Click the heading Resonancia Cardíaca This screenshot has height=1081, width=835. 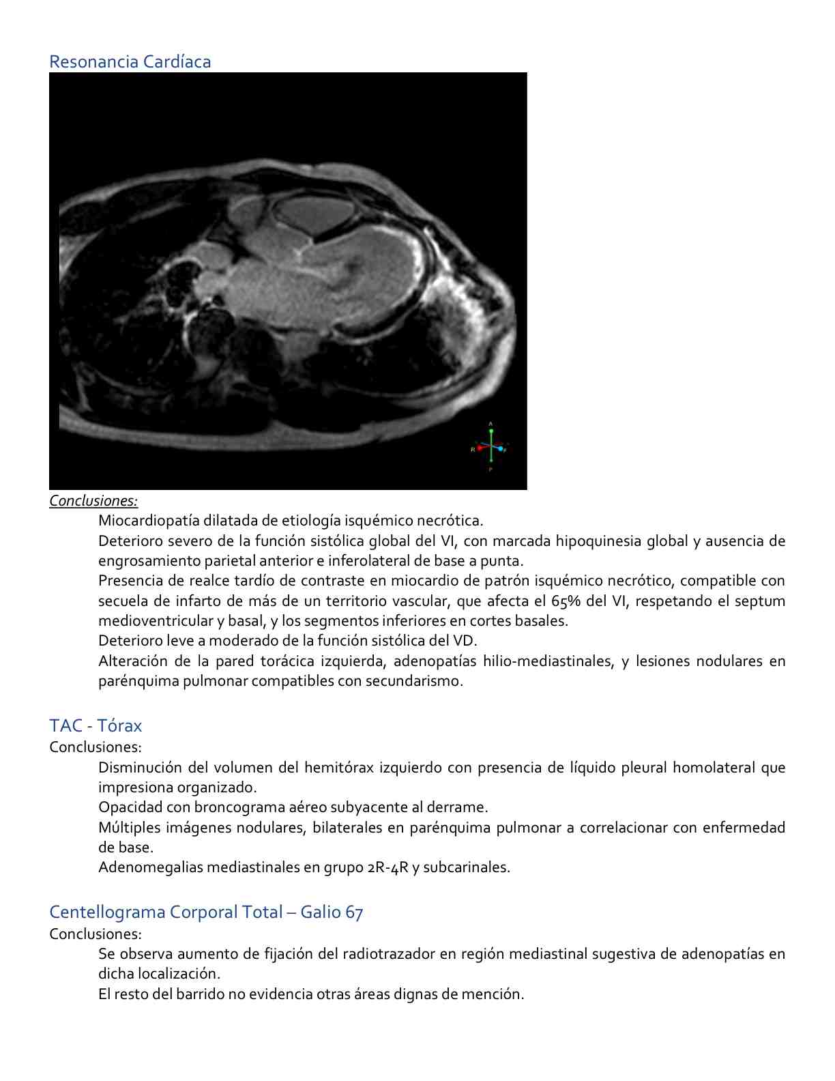click(130, 61)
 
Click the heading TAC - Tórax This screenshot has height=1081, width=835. click(96, 725)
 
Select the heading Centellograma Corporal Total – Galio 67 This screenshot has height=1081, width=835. click(206, 912)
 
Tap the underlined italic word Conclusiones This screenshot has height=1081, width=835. click(93, 501)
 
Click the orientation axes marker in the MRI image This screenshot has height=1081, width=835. click(490, 447)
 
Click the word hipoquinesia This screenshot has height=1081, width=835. click(598, 541)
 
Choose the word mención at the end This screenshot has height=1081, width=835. click(497, 994)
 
